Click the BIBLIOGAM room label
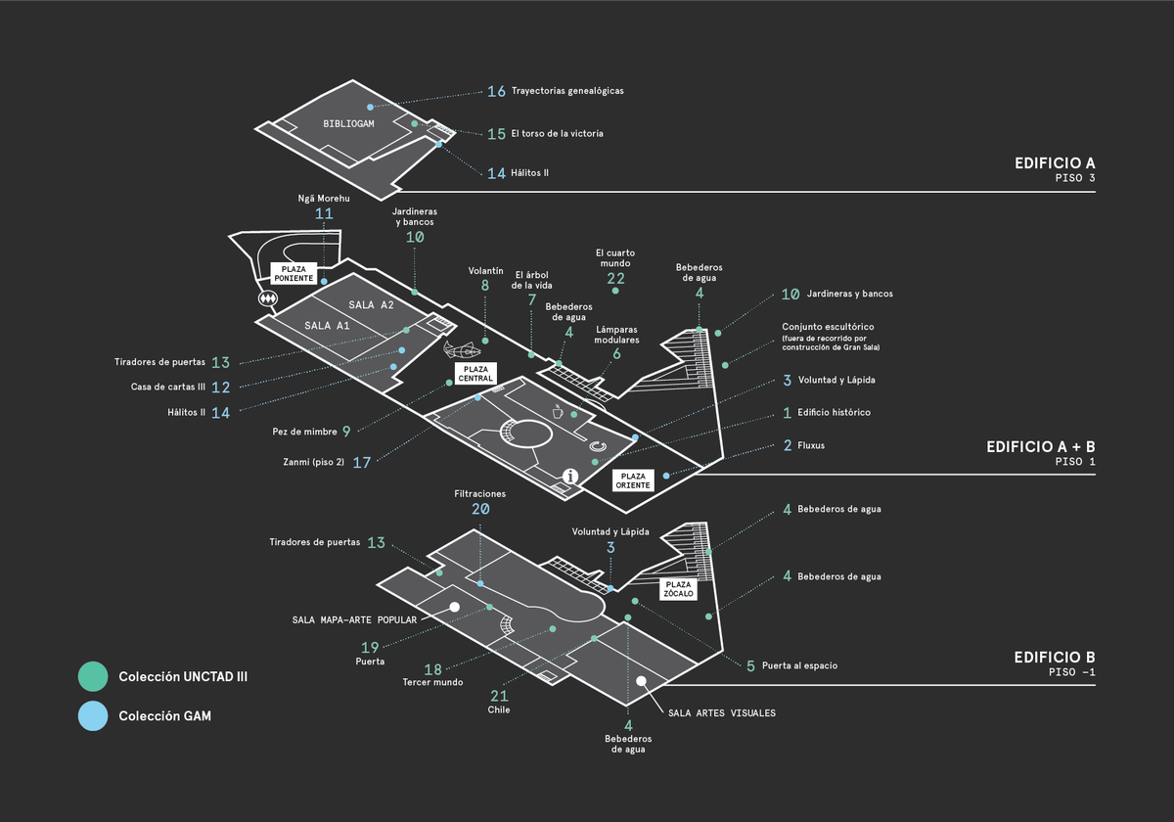click(349, 124)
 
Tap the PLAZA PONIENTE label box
click(293, 273)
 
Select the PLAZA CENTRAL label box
click(475, 373)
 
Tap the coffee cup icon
click(560, 411)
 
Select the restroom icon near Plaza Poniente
click(266, 297)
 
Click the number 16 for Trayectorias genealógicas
click(496, 91)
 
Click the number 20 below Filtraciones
click(479, 509)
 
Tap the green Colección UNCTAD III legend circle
click(93, 676)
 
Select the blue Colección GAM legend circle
click(93, 716)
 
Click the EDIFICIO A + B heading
click(1040, 446)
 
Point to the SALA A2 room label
click(371, 305)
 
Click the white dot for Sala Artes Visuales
click(641, 681)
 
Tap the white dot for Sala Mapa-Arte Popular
click(455, 608)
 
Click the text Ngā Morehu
click(324, 199)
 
